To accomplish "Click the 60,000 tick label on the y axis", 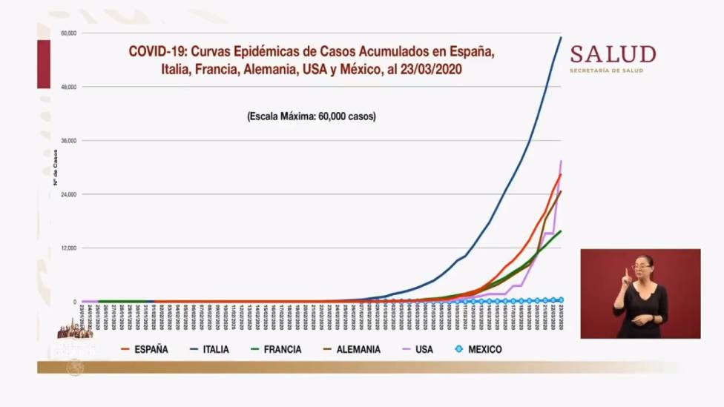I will point(69,33).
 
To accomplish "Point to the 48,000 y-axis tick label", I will point(69,87).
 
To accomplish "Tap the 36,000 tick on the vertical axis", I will point(69,141).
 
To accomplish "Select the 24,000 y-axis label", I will point(69,194).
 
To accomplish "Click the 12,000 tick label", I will point(69,248).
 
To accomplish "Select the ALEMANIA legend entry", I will point(358,349).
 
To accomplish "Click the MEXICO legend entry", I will point(484,349).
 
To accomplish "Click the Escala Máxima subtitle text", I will point(311,116).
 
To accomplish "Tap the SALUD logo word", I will point(613,55).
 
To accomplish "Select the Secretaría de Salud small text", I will point(606,70).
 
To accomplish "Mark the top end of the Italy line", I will point(561,37).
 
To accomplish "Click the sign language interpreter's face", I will point(642,265).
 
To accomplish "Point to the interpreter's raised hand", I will point(627,276).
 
